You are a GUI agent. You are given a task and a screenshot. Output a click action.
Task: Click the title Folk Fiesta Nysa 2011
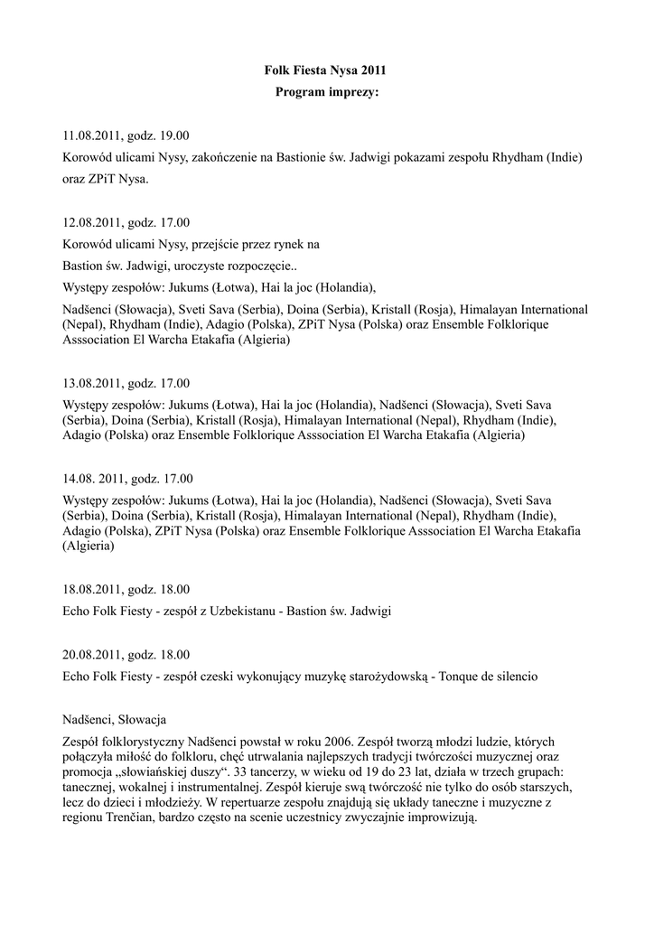point(327,70)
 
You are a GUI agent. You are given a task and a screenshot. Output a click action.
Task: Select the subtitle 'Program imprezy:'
point(327,92)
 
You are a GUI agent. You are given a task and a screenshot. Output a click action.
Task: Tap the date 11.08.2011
point(93,136)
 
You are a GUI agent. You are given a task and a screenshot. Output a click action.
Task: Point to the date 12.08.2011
point(93,222)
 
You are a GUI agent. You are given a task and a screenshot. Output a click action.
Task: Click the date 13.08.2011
point(93,383)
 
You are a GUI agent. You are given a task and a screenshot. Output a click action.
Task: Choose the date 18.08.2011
point(93,590)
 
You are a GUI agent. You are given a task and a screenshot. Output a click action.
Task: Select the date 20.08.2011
point(93,654)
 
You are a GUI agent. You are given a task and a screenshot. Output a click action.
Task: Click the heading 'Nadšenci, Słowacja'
point(115,719)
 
